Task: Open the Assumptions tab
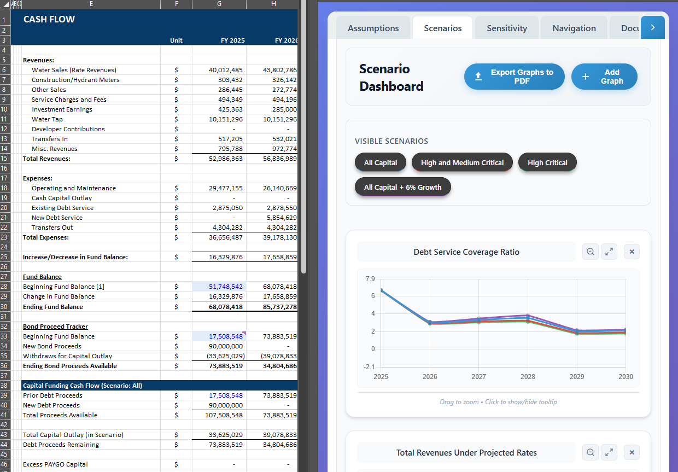[373, 28]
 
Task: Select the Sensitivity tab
[507, 28]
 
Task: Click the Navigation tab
[574, 28]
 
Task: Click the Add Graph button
[604, 77]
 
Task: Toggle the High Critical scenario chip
[547, 162]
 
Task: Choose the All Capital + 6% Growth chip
[402, 187]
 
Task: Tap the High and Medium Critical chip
[462, 162]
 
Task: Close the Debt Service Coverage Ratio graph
[632, 252]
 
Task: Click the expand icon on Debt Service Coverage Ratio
[609, 252]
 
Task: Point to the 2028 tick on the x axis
[528, 376]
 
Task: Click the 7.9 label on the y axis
[370, 279]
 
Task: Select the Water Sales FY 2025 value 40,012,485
[226, 70]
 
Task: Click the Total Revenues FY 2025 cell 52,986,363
[226, 159]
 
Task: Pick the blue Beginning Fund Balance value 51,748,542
[226, 287]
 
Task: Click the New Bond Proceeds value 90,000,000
[226, 346]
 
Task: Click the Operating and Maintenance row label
[74, 188]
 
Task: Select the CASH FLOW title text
[49, 19]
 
